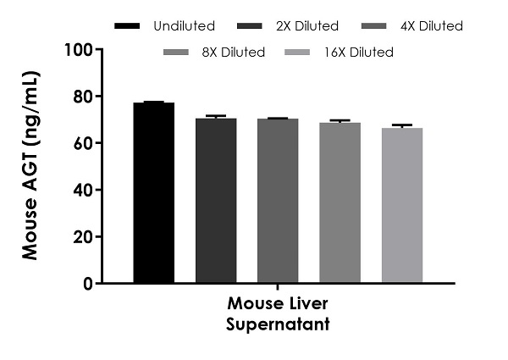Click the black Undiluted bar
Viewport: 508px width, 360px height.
154,193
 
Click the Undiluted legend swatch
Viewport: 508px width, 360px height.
126,26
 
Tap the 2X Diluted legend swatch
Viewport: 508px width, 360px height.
251,26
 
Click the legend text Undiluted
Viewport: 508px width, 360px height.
185,26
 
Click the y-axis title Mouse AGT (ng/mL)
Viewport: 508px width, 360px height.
32,165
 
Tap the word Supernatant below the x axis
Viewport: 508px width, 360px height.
278,324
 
